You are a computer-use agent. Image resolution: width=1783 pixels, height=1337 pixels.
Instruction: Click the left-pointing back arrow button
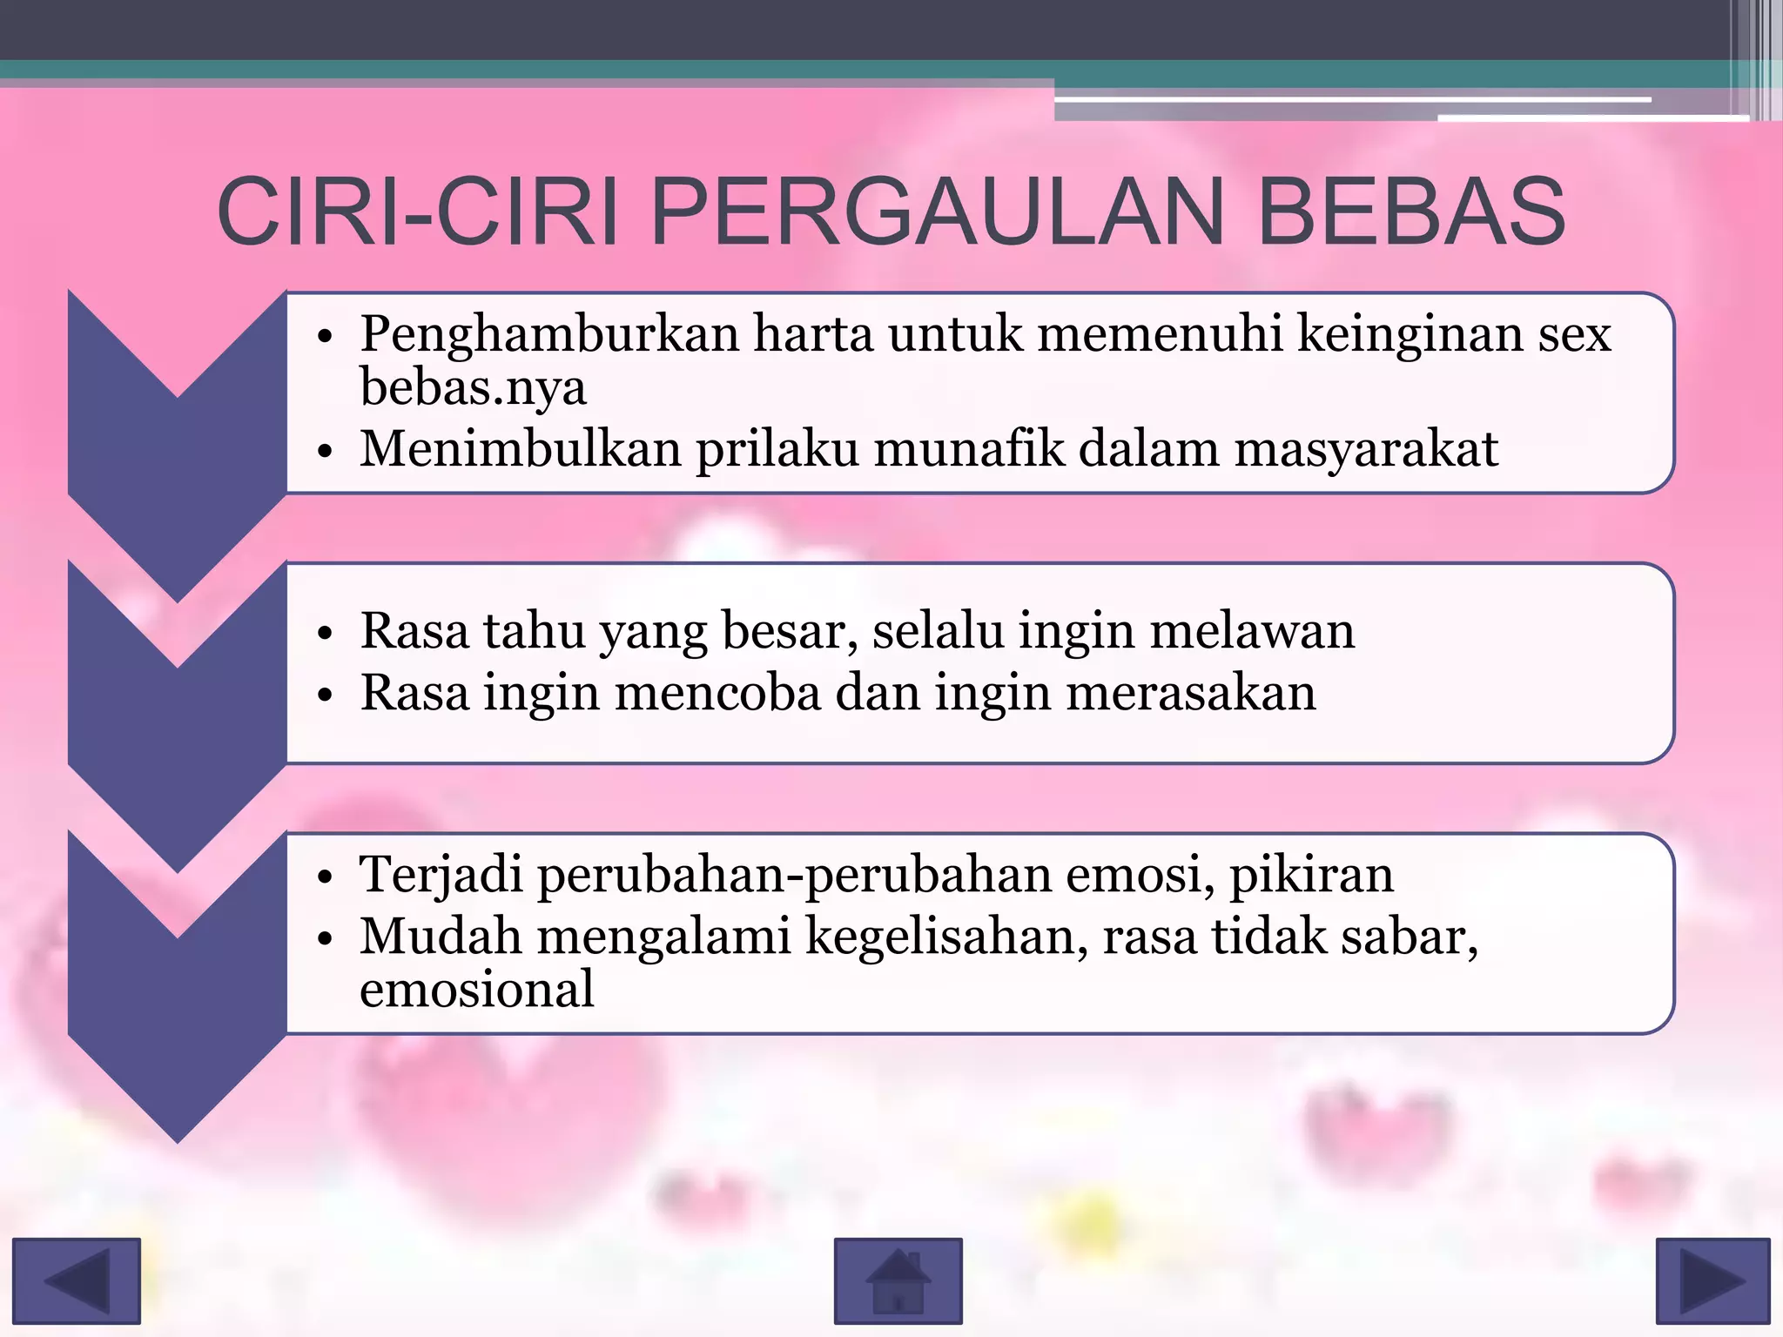(x=77, y=1280)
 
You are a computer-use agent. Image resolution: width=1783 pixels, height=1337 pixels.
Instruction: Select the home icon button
(x=898, y=1280)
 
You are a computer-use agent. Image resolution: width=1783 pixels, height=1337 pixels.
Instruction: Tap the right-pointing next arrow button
(x=1712, y=1280)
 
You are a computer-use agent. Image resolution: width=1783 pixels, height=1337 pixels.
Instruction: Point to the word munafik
(x=969, y=449)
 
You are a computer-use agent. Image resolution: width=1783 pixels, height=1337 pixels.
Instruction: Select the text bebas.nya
(x=473, y=387)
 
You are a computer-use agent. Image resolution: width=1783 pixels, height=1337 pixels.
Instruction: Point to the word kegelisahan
(x=946, y=938)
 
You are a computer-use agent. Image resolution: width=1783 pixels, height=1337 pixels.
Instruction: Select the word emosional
(x=476, y=991)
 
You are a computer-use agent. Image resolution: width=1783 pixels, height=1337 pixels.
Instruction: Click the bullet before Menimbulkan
(x=326, y=452)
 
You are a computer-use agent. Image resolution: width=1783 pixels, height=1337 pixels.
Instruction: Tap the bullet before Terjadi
(x=326, y=877)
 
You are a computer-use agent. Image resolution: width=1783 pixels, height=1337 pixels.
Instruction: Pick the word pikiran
(x=1311, y=875)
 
